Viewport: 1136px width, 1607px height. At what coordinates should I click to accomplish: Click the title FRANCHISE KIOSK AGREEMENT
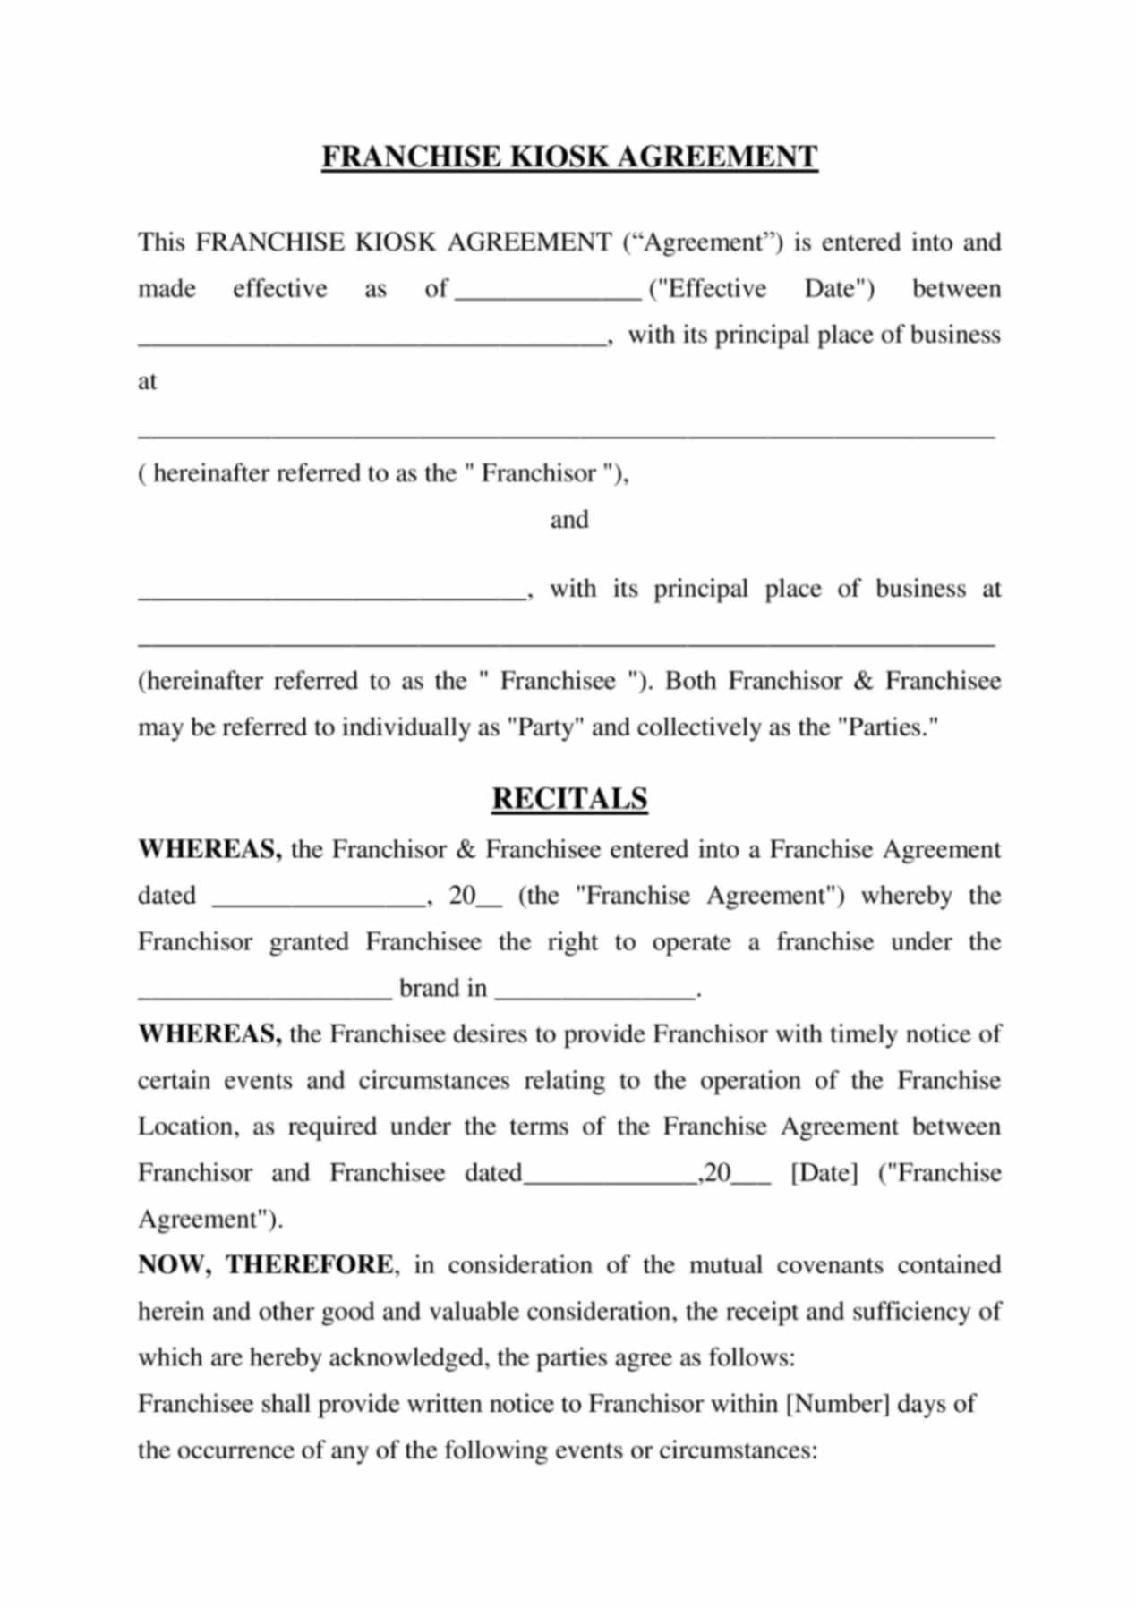(569, 157)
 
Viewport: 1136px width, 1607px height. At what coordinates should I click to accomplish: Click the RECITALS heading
(569, 798)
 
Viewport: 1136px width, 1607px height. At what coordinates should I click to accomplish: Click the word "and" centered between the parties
(569, 520)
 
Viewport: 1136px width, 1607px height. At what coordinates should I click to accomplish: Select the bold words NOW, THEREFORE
(265, 1265)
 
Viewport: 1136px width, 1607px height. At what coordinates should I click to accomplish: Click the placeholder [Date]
(824, 1173)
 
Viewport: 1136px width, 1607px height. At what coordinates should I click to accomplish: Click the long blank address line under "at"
(566, 435)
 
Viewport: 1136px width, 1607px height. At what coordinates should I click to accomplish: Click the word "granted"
(309, 942)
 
